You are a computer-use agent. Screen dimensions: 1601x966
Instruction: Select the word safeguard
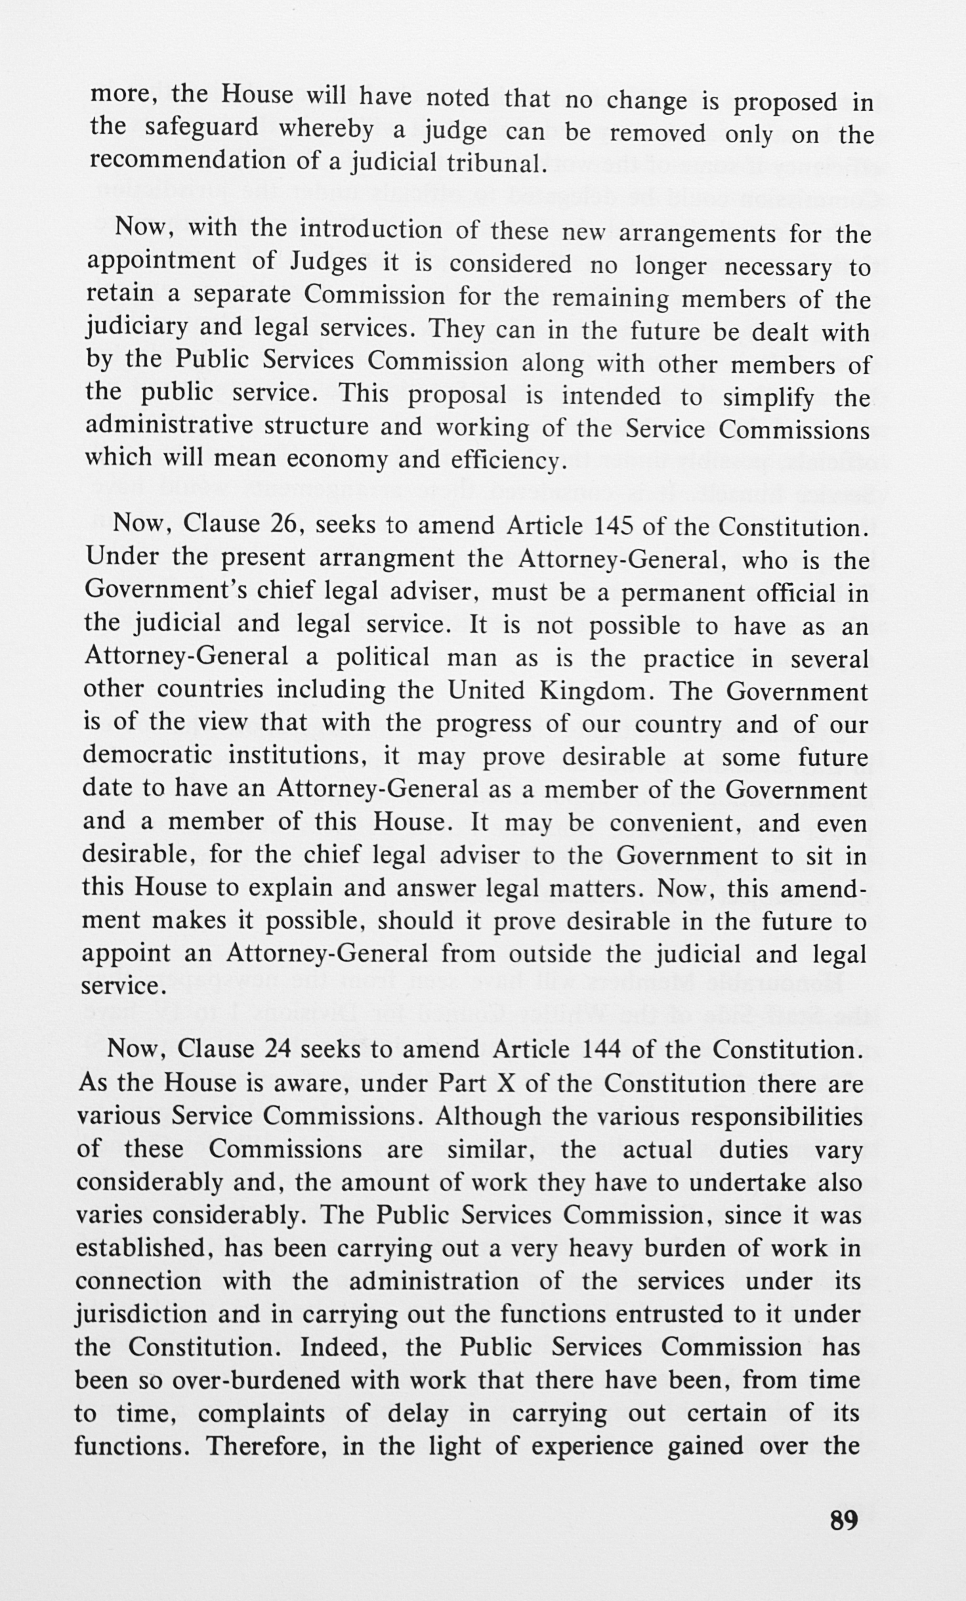pos(202,127)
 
